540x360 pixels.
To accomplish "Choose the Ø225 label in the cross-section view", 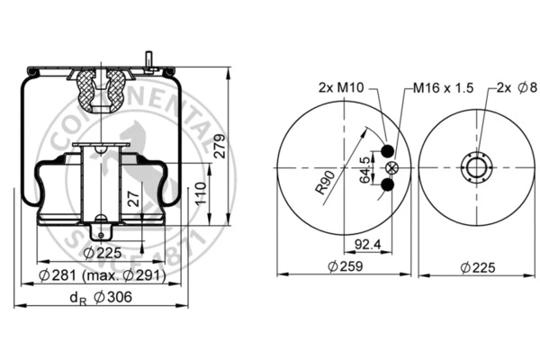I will (x=102, y=251).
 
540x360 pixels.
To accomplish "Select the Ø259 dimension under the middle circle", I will (x=345, y=266).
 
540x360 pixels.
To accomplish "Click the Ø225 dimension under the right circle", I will (x=478, y=266).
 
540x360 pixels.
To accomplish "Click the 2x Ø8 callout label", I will (x=516, y=88).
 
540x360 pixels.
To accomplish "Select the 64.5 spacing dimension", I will (x=364, y=168).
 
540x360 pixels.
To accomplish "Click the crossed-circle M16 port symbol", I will (x=390, y=168).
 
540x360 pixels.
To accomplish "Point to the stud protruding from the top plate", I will (x=147, y=59).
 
